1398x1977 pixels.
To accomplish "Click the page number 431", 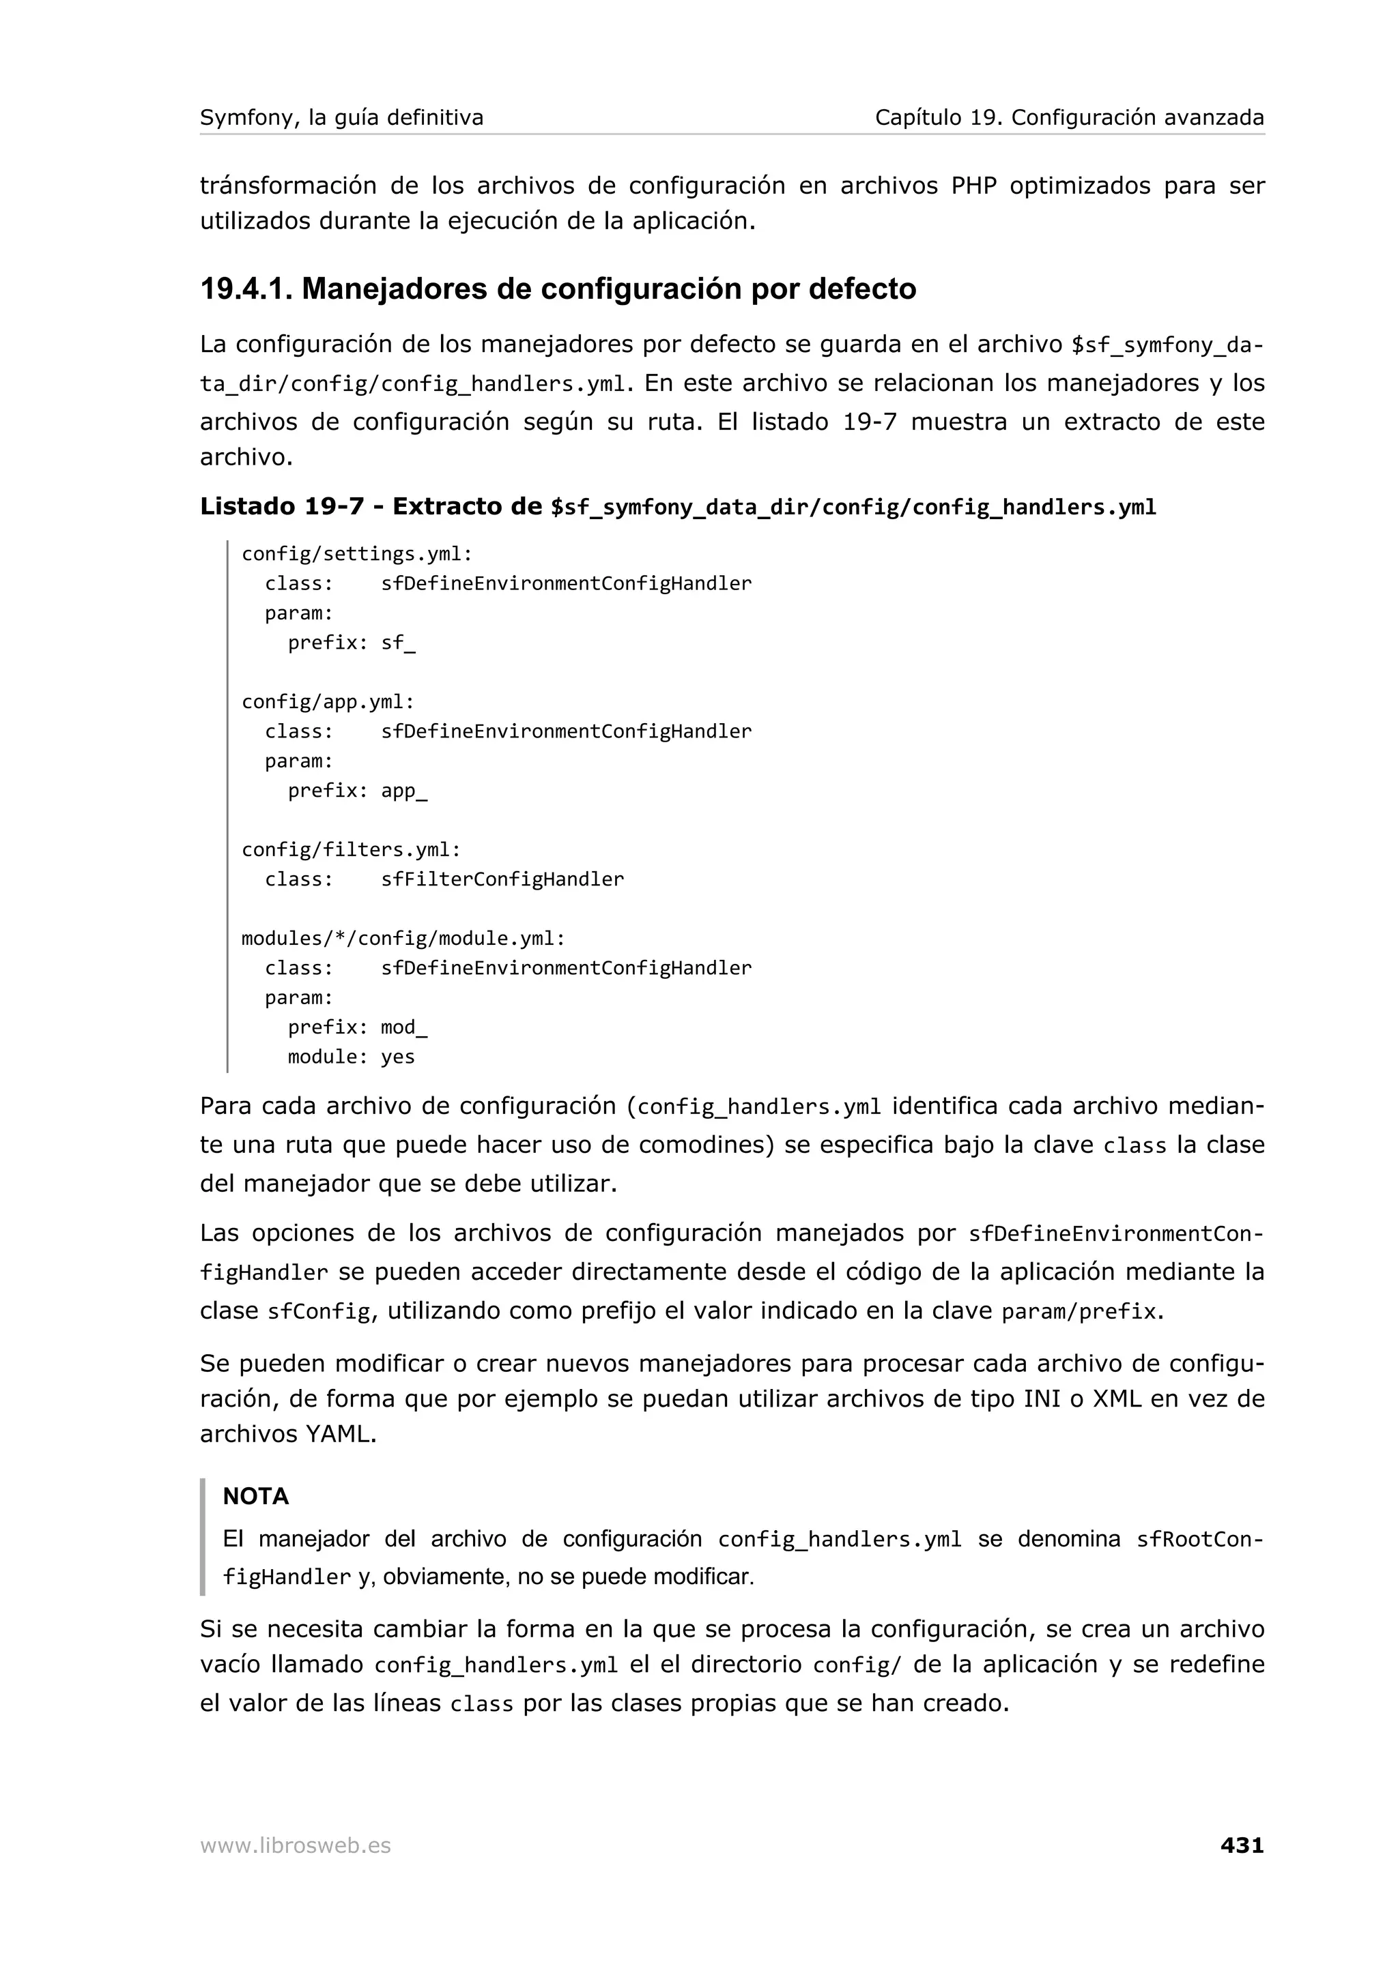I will click(x=1241, y=1845).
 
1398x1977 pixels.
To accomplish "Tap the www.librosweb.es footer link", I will click(x=296, y=1846).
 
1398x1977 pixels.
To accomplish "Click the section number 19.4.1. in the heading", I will click(x=246, y=289).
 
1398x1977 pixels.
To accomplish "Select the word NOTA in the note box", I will click(x=256, y=1497).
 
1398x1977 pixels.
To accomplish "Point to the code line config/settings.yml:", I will click(x=356, y=554).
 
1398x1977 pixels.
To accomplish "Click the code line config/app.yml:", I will click(x=328, y=702).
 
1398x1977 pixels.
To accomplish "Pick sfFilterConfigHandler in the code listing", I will click(x=502, y=879).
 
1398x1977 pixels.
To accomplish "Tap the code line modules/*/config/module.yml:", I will click(x=403, y=939).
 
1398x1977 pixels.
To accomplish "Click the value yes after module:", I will click(x=398, y=1057).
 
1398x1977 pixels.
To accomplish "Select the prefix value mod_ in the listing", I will click(x=404, y=1027).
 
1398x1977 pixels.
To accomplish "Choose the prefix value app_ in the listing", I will click(x=404, y=791).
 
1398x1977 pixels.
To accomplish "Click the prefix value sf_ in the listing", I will click(x=398, y=643).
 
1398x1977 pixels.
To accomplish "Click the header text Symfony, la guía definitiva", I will click(x=341, y=117).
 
